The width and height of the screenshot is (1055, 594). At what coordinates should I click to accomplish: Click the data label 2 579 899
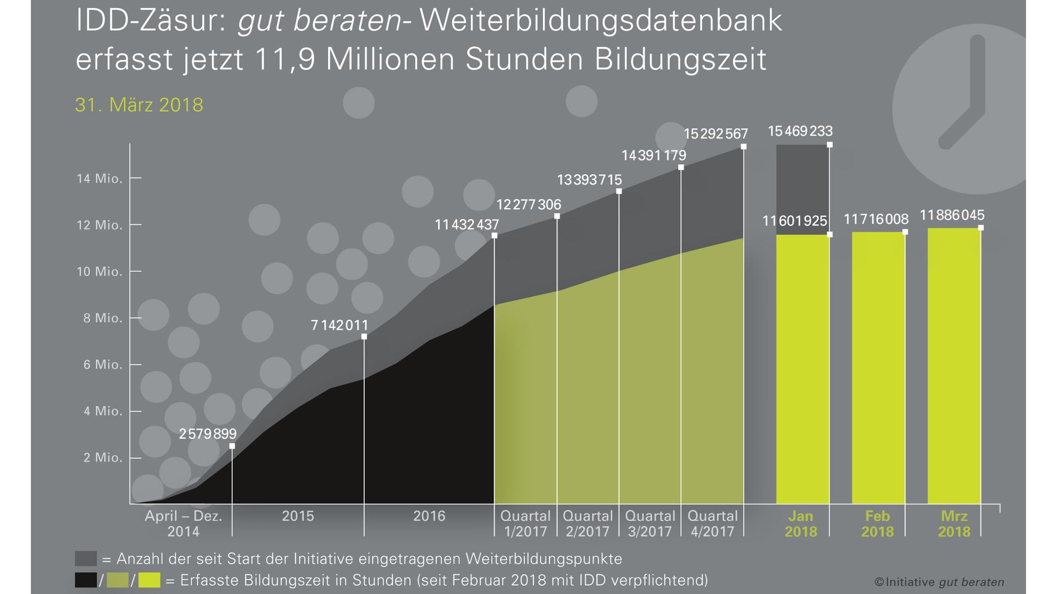point(208,434)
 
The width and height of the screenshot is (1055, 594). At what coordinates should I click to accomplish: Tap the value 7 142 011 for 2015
point(340,325)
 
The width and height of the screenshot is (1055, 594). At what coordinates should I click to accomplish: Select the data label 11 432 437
point(467,225)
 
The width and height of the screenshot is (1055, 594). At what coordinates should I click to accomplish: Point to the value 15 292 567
point(715,134)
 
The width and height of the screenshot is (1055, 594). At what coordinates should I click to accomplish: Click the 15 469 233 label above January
point(800,131)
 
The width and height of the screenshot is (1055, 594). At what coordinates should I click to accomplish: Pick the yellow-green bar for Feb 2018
point(878,368)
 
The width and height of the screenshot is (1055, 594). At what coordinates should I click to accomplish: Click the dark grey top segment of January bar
point(802,190)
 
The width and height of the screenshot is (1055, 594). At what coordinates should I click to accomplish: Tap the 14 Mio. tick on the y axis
point(99,179)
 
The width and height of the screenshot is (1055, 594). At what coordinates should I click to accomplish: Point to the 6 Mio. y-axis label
point(103,365)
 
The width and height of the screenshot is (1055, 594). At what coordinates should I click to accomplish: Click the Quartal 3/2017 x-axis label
point(650,524)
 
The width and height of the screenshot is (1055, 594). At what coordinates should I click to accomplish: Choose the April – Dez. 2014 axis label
point(184,524)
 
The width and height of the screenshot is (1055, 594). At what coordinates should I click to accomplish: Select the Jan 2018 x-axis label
point(801,524)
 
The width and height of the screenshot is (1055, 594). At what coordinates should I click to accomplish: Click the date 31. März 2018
point(139,105)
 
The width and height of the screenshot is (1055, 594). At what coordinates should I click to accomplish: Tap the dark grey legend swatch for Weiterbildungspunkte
point(86,559)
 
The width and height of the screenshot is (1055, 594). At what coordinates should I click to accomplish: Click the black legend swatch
point(86,580)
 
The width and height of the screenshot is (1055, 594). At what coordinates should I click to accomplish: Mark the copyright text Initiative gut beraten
point(939,582)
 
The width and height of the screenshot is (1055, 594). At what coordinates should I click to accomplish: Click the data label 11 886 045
point(952,215)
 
